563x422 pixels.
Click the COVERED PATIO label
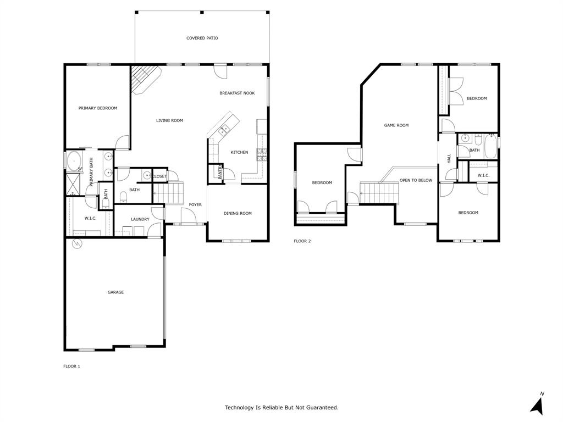coord(202,38)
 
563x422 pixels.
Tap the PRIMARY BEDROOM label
coord(98,108)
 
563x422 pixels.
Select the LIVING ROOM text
coord(169,120)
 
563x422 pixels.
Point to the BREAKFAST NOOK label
coord(237,93)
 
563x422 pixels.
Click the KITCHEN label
coord(239,152)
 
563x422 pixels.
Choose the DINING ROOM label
coord(238,213)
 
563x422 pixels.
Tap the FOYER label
coord(195,204)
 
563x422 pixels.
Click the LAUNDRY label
coord(140,219)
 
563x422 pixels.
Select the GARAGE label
coord(115,292)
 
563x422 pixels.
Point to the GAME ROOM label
coord(396,125)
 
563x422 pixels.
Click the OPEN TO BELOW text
coord(416,180)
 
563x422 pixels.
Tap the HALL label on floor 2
coord(449,158)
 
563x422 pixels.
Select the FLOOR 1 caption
coord(71,366)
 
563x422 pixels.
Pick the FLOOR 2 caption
coord(302,241)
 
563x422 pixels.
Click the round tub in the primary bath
coord(73,161)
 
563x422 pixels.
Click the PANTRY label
coord(220,173)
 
